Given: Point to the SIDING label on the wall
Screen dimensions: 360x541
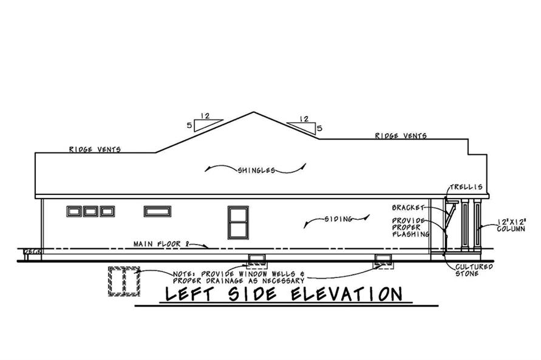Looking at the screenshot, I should coord(339,219).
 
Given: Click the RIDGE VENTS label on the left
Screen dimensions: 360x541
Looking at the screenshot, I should coord(94,149).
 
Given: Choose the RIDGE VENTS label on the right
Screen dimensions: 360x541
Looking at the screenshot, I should coord(400,136).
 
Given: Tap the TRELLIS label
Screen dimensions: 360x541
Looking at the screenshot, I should coord(466,187).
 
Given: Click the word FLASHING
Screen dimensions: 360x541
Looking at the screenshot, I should coord(410,234).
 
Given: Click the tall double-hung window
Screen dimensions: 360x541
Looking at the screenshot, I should coord(237,222).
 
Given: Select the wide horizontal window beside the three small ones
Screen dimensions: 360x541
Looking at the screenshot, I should coord(157,211).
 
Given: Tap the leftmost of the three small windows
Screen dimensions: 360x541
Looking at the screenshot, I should coord(74,211).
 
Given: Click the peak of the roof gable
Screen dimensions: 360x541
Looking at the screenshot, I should coord(254,112).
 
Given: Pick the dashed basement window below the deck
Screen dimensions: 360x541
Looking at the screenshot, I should coord(123,281).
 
